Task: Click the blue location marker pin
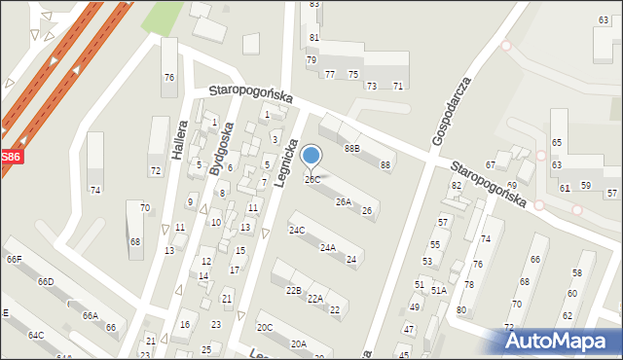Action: pyautogui.click(x=311, y=156)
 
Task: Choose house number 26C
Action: pyautogui.click(x=312, y=180)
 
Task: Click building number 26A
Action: pyautogui.click(x=343, y=202)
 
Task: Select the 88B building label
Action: pyautogui.click(x=351, y=149)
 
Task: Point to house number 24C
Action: pyautogui.click(x=296, y=231)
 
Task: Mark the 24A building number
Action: pyautogui.click(x=328, y=248)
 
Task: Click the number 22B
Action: pyautogui.click(x=293, y=291)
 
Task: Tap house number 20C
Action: pyautogui.click(x=265, y=328)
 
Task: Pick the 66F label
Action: pyautogui.click(x=14, y=260)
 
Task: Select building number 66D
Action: pyautogui.click(x=46, y=282)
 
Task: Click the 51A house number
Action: pyautogui.click(x=439, y=290)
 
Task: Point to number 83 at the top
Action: pyautogui.click(x=313, y=5)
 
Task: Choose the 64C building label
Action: pyautogui.click(x=36, y=336)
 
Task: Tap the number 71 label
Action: pyautogui.click(x=398, y=87)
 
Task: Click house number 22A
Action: pyautogui.click(x=314, y=299)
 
